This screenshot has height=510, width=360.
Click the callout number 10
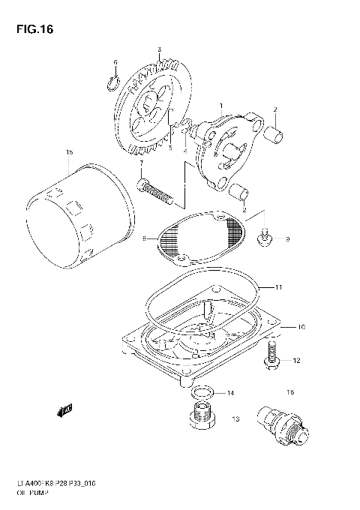(x=301, y=327)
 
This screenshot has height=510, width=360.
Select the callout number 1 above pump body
(x=221, y=106)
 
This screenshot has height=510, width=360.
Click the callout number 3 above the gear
(x=159, y=49)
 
